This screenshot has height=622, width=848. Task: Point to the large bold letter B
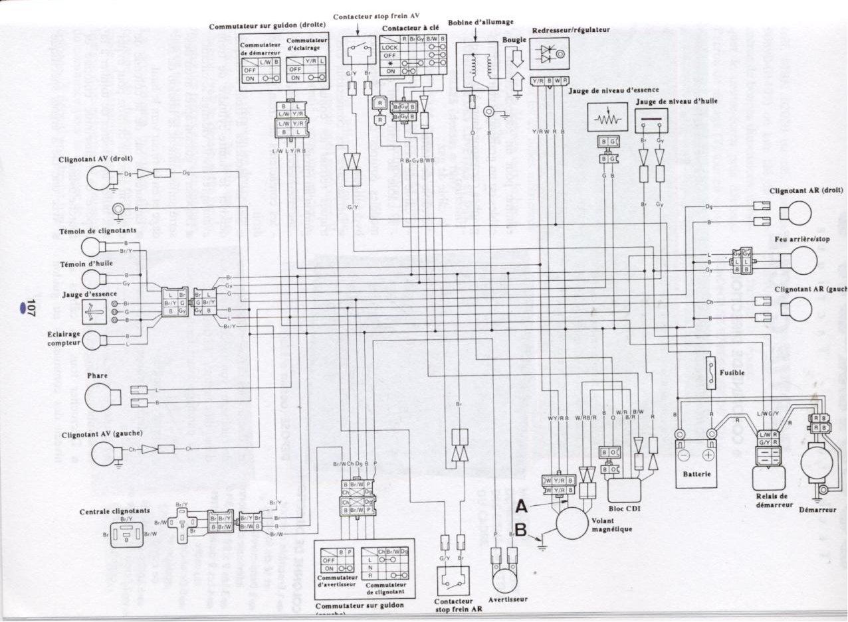coord(522,530)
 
